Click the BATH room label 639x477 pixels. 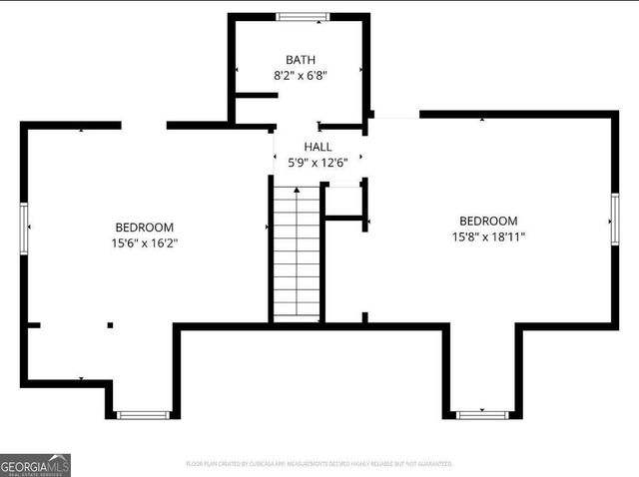point(301,59)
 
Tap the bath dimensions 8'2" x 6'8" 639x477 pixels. point(301,75)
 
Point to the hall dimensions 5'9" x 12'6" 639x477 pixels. point(318,163)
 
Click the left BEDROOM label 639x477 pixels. point(144,227)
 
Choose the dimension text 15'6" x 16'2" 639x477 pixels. point(144,242)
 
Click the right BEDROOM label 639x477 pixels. point(488,221)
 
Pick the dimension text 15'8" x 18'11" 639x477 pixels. point(488,237)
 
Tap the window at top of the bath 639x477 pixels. point(303,16)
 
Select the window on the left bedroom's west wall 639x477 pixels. point(24,229)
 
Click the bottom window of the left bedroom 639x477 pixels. point(142,414)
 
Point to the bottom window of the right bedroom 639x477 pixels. point(482,414)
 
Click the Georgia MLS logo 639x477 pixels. point(36,465)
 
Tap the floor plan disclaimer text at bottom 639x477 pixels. point(319,464)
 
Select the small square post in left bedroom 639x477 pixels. point(110,324)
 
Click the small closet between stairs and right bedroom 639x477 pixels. point(343,200)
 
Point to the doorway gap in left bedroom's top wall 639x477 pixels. point(144,126)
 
